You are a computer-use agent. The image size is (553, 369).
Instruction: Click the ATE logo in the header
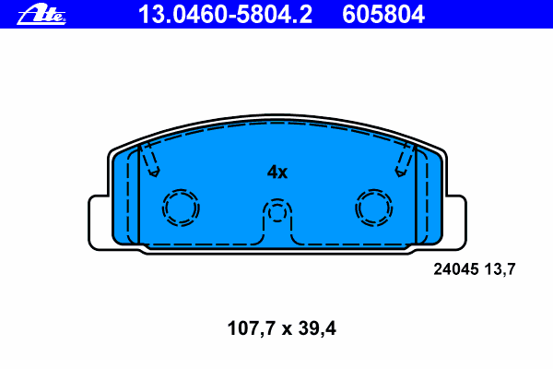(x=41, y=14)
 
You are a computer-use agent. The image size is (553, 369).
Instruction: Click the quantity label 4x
(x=277, y=173)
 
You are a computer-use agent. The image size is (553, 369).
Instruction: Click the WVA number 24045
(x=455, y=270)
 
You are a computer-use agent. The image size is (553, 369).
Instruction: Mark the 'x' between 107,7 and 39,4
(x=283, y=327)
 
